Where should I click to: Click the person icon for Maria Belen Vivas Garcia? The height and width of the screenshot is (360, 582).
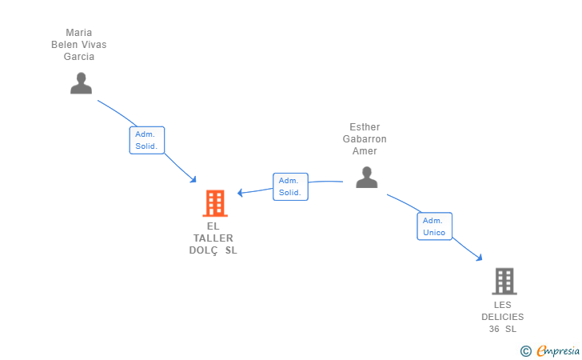pyautogui.click(x=81, y=83)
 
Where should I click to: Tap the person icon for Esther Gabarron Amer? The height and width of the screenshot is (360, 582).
pyautogui.click(x=366, y=178)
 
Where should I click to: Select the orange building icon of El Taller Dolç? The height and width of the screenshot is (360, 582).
pyautogui.click(x=215, y=203)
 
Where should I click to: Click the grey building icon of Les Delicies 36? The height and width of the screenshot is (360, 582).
pyautogui.click(x=504, y=282)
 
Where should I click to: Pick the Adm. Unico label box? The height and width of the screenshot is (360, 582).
pyautogui.click(x=434, y=226)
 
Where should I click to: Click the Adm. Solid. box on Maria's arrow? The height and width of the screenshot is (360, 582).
pyautogui.click(x=147, y=140)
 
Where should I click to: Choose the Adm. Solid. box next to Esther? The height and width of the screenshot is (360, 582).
pyautogui.click(x=290, y=186)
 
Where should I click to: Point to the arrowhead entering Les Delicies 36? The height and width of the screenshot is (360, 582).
pyautogui.click(x=479, y=257)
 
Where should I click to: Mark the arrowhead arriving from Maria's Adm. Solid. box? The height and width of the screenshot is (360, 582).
pyautogui.click(x=193, y=179)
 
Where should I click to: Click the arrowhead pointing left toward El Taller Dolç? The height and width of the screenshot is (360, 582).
pyautogui.click(x=240, y=193)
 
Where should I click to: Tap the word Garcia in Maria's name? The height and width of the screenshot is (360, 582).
pyautogui.click(x=79, y=57)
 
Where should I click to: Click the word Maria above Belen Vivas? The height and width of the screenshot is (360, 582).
pyautogui.click(x=79, y=33)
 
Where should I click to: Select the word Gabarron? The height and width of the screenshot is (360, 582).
pyautogui.click(x=365, y=139)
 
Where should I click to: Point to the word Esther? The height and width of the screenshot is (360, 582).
pyautogui.click(x=365, y=127)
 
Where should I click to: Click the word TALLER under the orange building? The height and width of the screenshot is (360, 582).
pyautogui.click(x=213, y=238)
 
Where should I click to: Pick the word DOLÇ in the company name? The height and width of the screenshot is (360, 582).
pyautogui.click(x=203, y=250)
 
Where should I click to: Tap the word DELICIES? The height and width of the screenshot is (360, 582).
pyautogui.click(x=503, y=317)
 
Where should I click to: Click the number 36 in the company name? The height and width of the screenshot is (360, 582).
pyautogui.click(x=494, y=329)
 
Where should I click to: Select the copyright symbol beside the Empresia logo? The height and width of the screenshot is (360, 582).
pyautogui.click(x=525, y=351)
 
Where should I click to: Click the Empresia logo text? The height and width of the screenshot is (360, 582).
pyautogui.click(x=558, y=350)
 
